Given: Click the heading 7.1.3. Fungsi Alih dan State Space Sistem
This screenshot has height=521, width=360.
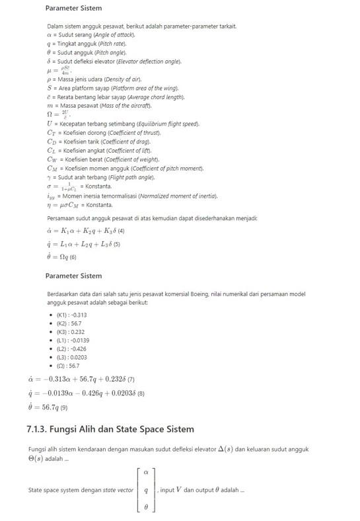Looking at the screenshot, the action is tap(110, 428).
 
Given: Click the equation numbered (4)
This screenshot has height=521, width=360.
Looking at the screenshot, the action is tap(87, 231).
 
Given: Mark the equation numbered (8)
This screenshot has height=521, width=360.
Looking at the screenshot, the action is tap(85, 393).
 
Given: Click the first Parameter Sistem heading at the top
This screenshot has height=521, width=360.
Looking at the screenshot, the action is tap(73, 9).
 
